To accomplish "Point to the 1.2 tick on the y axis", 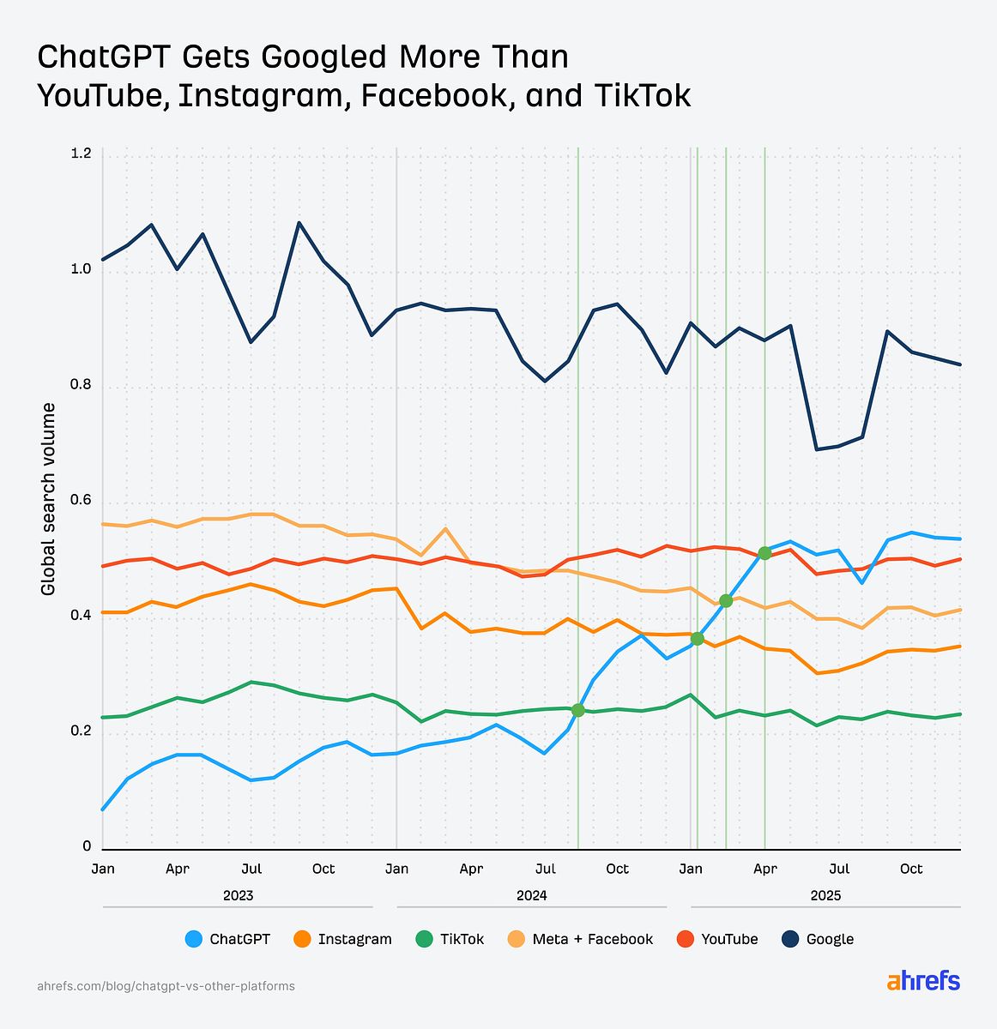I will (82, 154).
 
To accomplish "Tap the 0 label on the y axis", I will (87, 846).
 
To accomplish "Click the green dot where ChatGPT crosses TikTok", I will (577, 710).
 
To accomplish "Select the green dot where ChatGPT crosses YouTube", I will (764, 553).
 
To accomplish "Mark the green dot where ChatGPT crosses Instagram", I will (697, 639).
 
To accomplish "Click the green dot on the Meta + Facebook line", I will (726, 601).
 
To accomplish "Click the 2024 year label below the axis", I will (531, 895).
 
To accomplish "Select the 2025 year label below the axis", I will (825, 895).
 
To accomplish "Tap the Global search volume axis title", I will (49, 499).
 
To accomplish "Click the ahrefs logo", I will (923, 982).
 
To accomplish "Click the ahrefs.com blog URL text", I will (166, 986).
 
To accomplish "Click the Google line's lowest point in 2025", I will (815, 449).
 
